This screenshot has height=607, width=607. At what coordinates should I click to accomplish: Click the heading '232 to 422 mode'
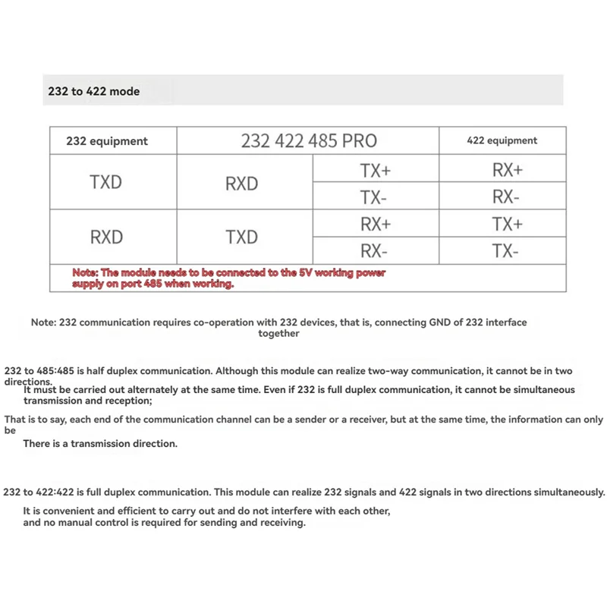pyautogui.click(x=93, y=91)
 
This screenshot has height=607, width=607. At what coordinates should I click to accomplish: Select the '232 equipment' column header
pyautogui.click(x=107, y=141)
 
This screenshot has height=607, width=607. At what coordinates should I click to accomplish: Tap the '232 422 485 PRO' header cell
pyautogui.click(x=309, y=141)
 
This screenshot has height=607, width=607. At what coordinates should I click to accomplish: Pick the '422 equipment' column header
pyautogui.click(x=502, y=140)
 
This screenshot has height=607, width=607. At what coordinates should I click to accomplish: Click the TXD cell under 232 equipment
pyautogui.click(x=105, y=182)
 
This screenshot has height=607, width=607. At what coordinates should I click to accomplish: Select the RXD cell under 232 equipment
pyautogui.click(x=106, y=237)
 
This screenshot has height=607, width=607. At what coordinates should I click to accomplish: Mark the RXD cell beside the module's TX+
pyautogui.click(x=241, y=184)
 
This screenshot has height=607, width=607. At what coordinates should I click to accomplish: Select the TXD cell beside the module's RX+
pyautogui.click(x=241, y=237)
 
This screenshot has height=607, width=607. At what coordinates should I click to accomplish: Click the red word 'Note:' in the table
pyautogui.click(x=85, y=272)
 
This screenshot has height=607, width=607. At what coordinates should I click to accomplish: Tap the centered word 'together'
pyautogui.click(x=278, y=333)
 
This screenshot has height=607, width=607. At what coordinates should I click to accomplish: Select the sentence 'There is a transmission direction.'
pyautogui.click(x=100, y=444)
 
